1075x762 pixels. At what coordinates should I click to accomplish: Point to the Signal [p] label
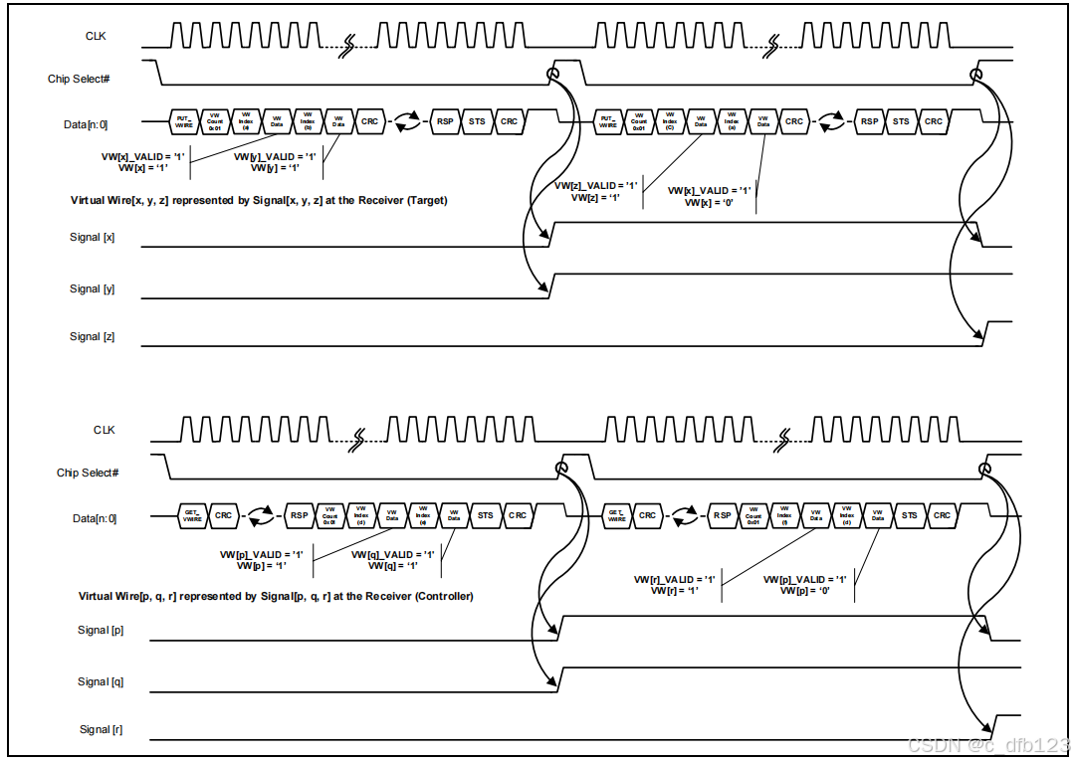click(101, 631)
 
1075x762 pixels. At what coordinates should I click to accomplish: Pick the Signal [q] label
click(101, 682)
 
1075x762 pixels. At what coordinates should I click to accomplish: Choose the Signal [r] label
click(101, 730)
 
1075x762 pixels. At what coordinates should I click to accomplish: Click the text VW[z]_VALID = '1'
click(595, 186)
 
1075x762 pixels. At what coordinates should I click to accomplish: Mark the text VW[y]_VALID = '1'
click(275, 157)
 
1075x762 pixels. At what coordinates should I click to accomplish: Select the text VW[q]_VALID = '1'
click(393, 555)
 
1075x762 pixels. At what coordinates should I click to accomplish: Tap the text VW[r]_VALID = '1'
click(675, 579)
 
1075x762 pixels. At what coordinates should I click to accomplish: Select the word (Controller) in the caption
click(443, 597)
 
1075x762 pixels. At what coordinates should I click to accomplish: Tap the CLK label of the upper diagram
click(96, 37)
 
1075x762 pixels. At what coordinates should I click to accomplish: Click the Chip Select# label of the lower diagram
click(88, 474)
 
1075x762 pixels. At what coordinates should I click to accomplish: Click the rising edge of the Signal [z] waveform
click(985, 333)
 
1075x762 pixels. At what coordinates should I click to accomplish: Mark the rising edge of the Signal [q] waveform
click(558, 678)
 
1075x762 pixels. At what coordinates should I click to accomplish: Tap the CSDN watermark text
click(988, 746)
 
